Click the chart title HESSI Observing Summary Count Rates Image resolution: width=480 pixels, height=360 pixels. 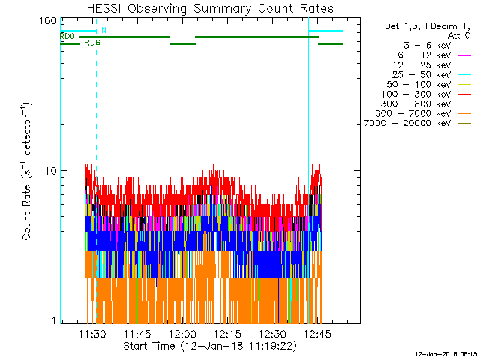click(211, 8)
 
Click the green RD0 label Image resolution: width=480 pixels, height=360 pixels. click(67, 36)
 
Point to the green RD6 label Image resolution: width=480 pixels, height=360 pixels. click(92, 43)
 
